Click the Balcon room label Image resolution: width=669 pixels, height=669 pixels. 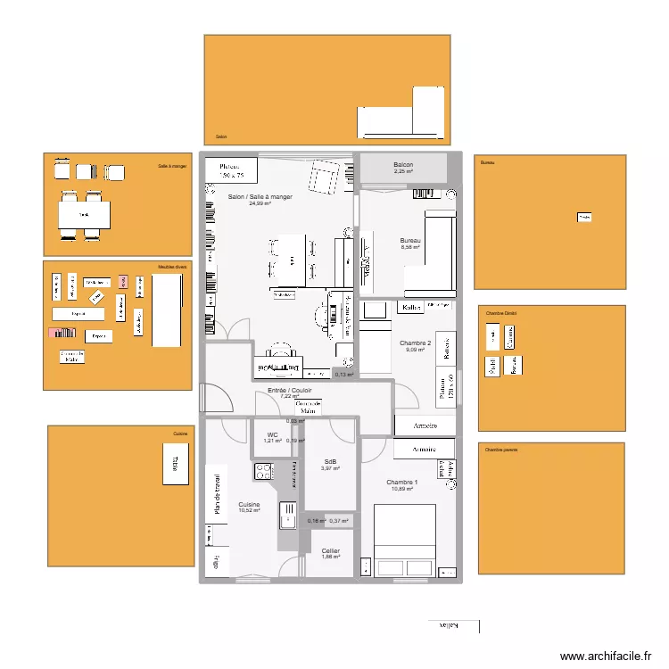403,165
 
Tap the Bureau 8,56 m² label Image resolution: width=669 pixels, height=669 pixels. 410,241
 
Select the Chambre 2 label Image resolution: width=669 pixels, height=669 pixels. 415,343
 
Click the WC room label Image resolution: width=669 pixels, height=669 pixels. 272,434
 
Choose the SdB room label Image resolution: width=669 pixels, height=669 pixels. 330,461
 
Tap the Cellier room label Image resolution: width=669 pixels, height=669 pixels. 331,551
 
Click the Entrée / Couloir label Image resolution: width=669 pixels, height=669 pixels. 290,391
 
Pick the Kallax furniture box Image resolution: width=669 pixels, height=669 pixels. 411,308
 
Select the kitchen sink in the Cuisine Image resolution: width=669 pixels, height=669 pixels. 288,515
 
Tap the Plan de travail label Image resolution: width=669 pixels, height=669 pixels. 216,493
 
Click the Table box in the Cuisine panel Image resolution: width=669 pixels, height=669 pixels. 176,465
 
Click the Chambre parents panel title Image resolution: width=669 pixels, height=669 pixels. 501,450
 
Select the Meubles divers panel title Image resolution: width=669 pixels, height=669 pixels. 172,267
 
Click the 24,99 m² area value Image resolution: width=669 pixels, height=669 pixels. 260,203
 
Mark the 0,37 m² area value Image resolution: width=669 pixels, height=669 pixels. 339,521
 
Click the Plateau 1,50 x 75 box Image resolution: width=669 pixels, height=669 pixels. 232,170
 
